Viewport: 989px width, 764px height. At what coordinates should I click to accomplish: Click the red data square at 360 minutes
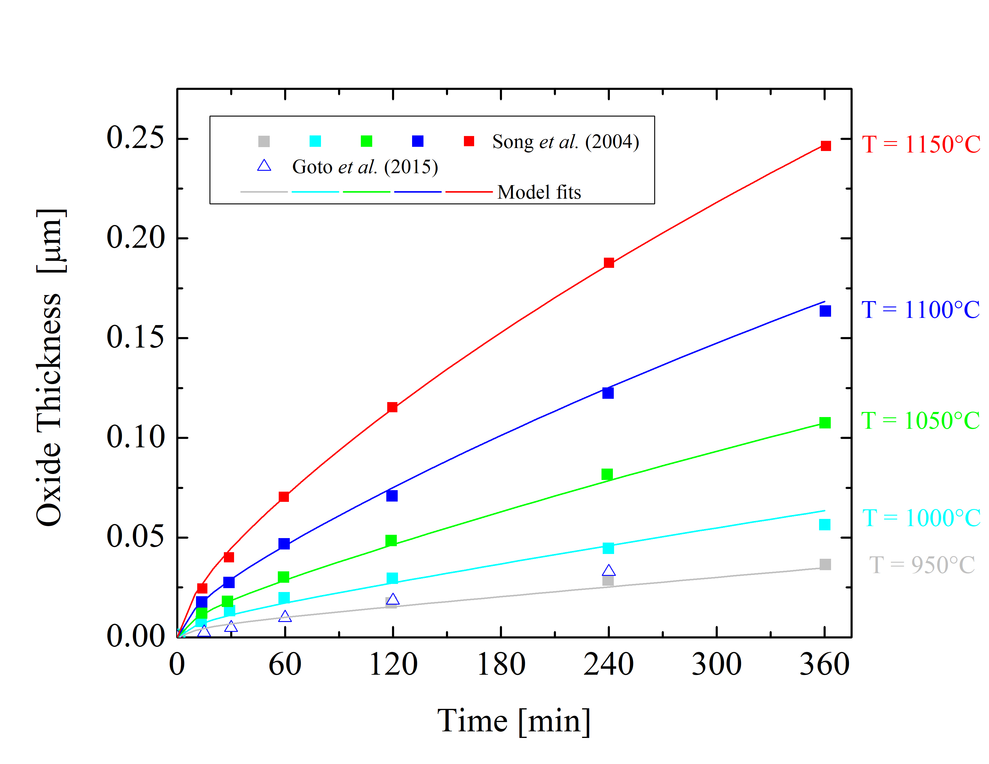tap(826, 146)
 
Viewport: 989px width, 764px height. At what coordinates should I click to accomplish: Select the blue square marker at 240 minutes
tap(608, 393)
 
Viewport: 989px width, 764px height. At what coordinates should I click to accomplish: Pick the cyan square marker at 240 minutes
tap(608, 548)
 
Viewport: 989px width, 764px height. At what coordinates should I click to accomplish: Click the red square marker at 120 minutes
tap(392, 407)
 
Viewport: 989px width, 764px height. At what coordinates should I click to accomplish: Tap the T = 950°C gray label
tap(922, 565)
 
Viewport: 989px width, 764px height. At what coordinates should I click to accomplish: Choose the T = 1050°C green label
tap(920, 421)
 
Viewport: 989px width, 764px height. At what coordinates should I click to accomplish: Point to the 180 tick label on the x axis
tap(501, 665)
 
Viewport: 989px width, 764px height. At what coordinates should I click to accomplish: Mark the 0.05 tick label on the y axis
tap(135, 537)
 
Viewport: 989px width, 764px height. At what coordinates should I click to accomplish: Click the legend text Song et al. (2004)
tap(566, 142)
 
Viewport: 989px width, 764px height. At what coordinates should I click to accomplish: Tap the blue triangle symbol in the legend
tap(264, 166)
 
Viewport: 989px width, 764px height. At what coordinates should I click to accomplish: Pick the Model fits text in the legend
tap(539, 192)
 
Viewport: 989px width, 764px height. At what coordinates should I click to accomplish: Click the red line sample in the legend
tap(469, 192)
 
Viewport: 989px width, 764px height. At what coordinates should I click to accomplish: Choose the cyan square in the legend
tap(315, 141)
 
